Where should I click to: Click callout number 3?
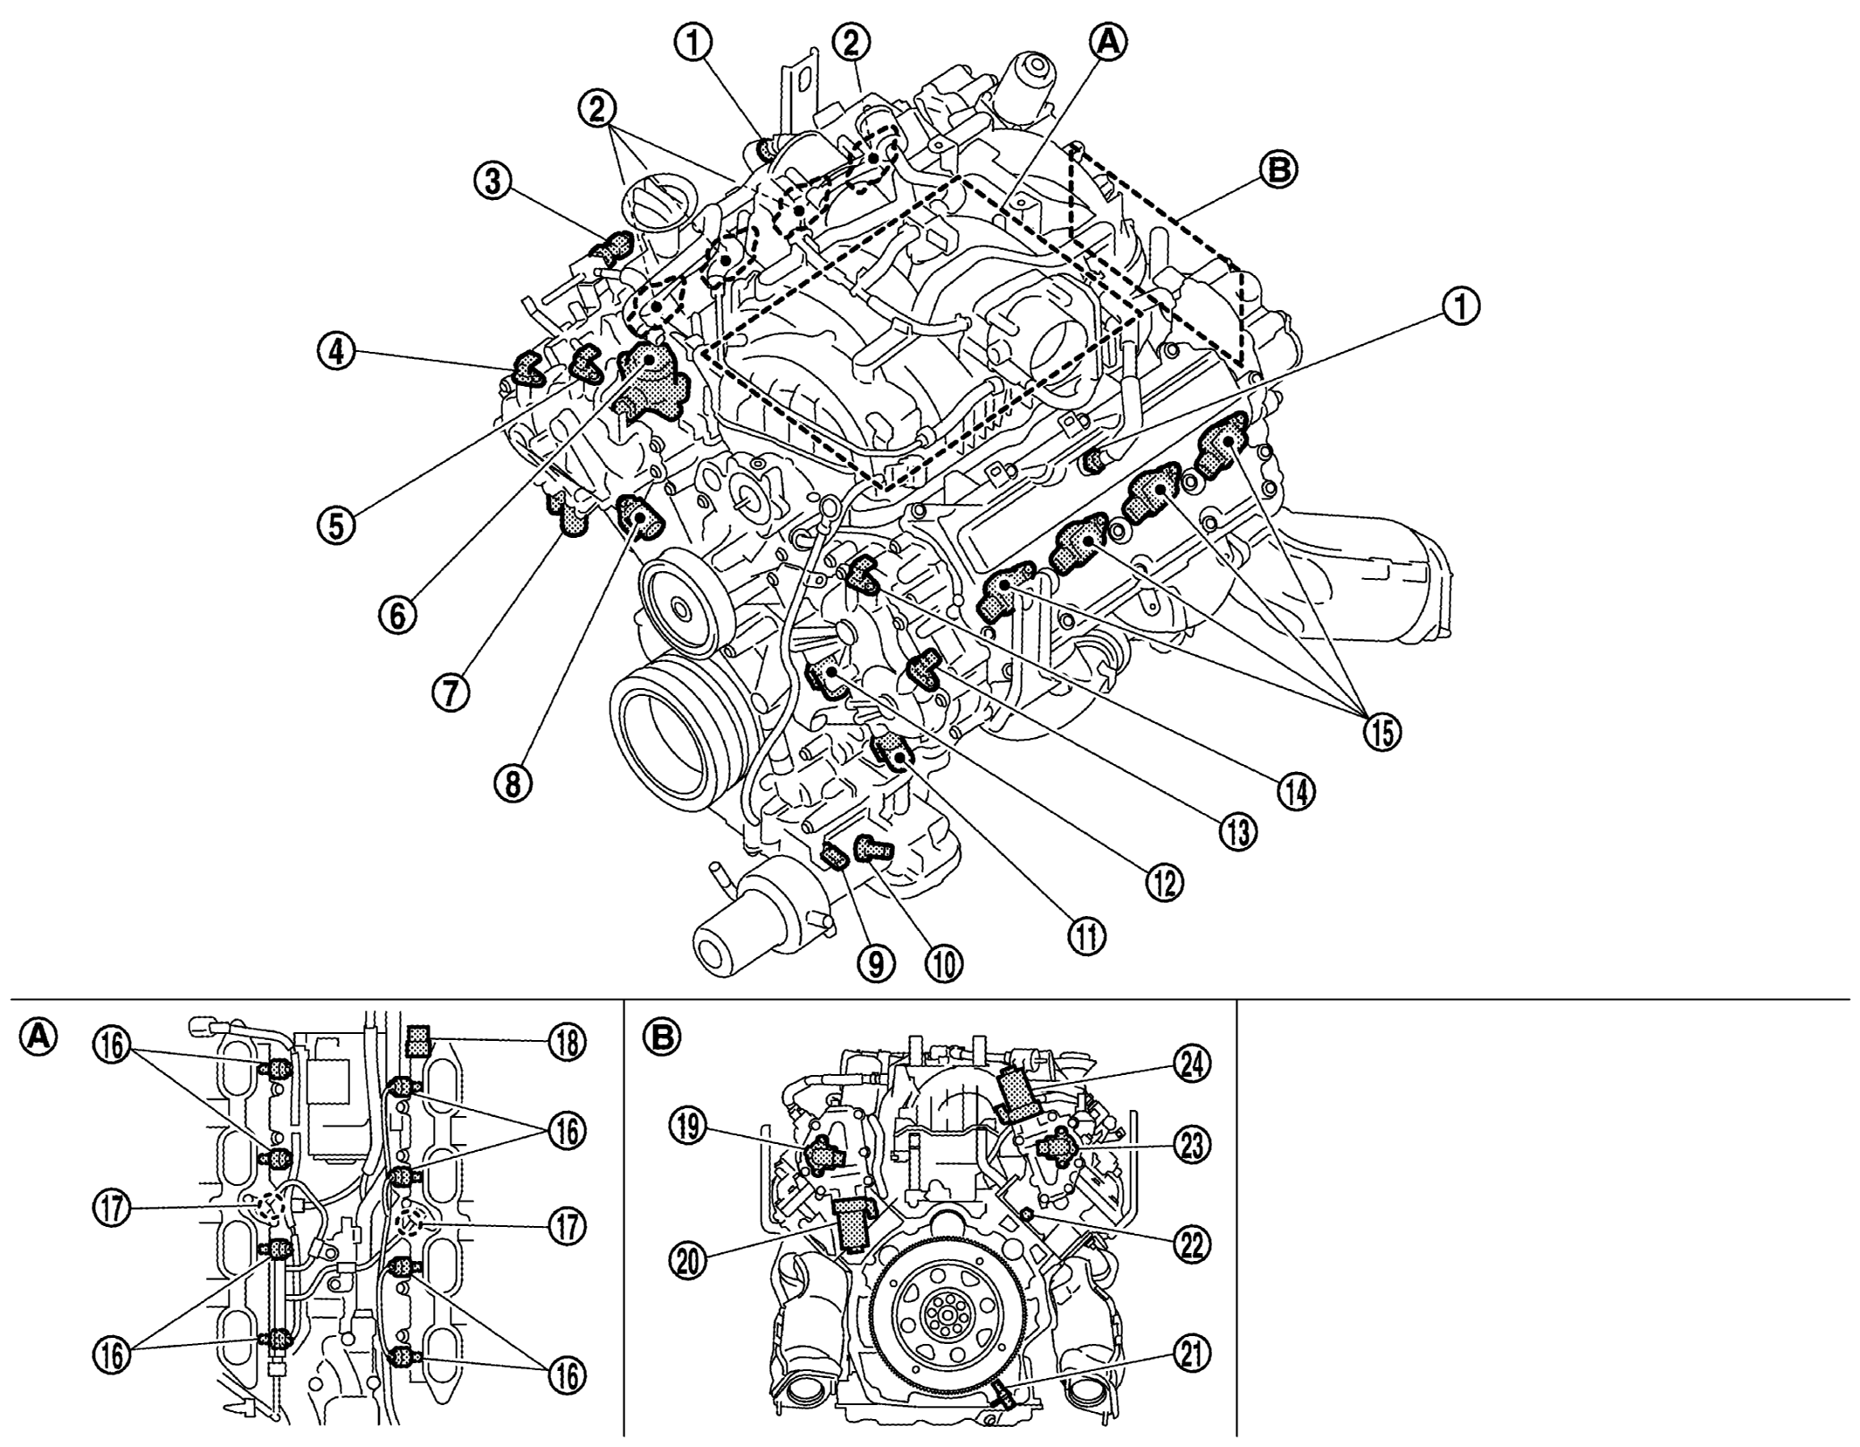point(493,183)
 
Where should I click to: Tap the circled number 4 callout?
point(335,355)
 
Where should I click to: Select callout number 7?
point(451,692)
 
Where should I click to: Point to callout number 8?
point(513,783)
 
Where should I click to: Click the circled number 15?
point(1381,732)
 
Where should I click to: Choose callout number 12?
point(1164,882)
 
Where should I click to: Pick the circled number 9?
point(876,964)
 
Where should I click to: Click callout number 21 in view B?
point(1192,1354)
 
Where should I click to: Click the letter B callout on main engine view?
point(1279,171)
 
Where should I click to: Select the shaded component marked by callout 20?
point(851,1226)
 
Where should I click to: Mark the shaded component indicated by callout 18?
point(417,1041)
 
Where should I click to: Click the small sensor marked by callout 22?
point(1028,1215)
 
